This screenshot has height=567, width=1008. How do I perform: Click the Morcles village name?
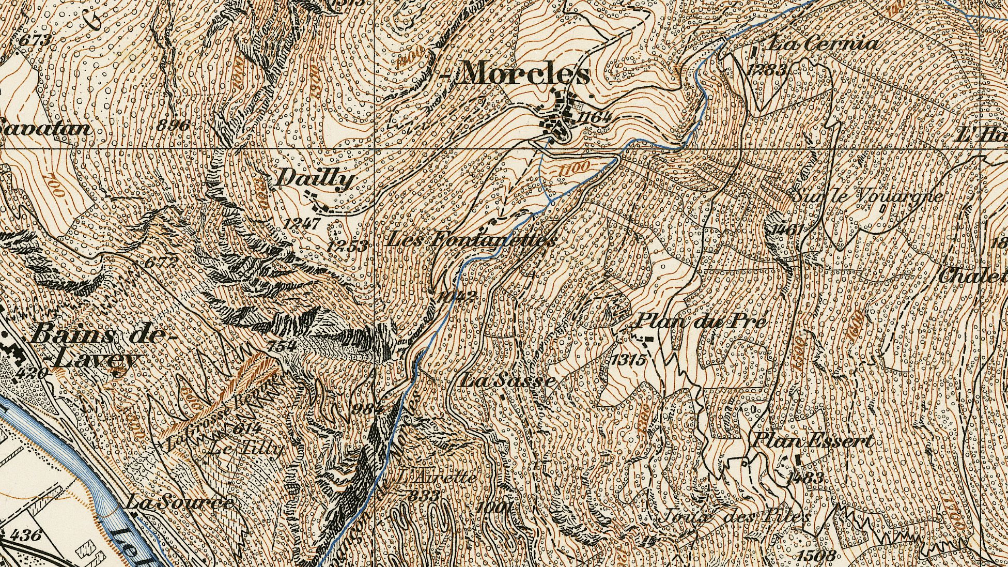tap(523, 73)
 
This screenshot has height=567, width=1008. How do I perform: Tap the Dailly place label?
tap(315, 180)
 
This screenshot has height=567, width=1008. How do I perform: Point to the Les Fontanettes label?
tap(471, 240)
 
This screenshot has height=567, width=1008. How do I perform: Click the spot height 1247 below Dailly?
tap(302, 224)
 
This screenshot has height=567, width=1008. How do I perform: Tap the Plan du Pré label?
tap(699, 321)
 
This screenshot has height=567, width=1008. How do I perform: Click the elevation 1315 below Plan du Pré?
tap(628, 360)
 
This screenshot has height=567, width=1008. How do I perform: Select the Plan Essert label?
tap(812, 441)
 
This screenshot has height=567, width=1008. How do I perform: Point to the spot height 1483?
tap(804, 478)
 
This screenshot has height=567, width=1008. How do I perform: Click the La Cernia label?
tap(823, 44)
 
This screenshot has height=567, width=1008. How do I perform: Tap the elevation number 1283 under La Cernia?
tap(768, 70)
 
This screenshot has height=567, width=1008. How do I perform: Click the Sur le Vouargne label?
tap(867, 196)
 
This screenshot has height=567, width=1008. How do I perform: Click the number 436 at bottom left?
tap(26, 534)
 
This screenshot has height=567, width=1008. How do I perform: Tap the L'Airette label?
tap(437, 476)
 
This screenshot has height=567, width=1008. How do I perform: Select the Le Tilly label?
tap(245, 448)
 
